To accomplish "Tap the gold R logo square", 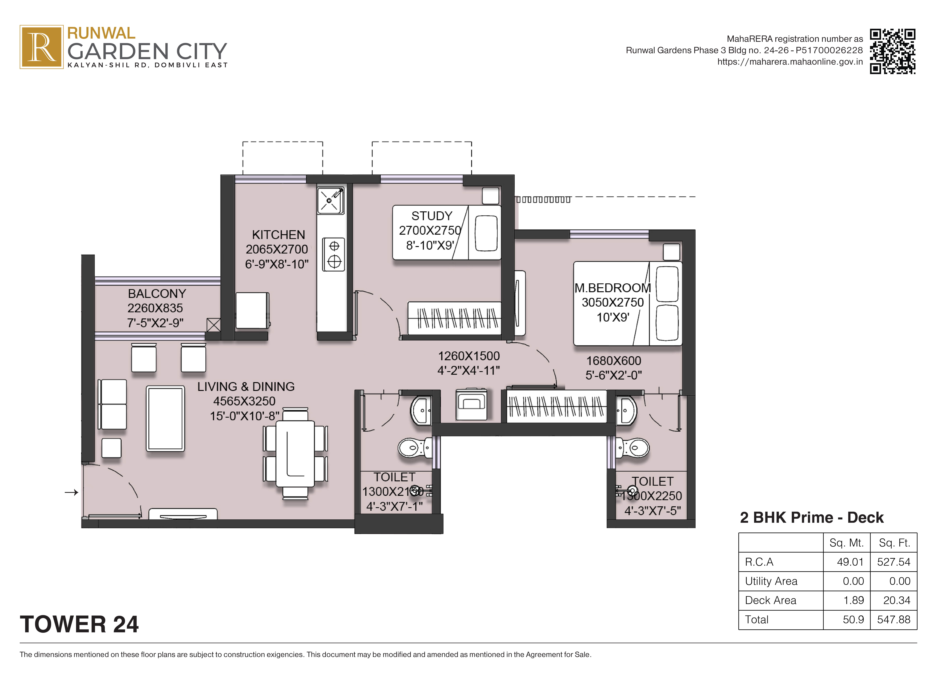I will point(41,47).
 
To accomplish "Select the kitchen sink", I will point(330,201).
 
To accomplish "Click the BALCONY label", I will point(157,293).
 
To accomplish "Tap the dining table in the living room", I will point(295,453).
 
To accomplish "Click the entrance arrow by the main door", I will point(71,492).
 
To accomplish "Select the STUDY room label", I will point(431,216).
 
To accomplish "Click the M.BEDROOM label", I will point(612,288).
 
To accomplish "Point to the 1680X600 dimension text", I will point(613,360).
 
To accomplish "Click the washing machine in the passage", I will point(471,404).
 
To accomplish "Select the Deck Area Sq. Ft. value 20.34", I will point(896,600).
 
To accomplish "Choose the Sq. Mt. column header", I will point(846,543).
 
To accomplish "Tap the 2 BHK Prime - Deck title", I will point(812,517).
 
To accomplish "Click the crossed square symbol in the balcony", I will point(213,325).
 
